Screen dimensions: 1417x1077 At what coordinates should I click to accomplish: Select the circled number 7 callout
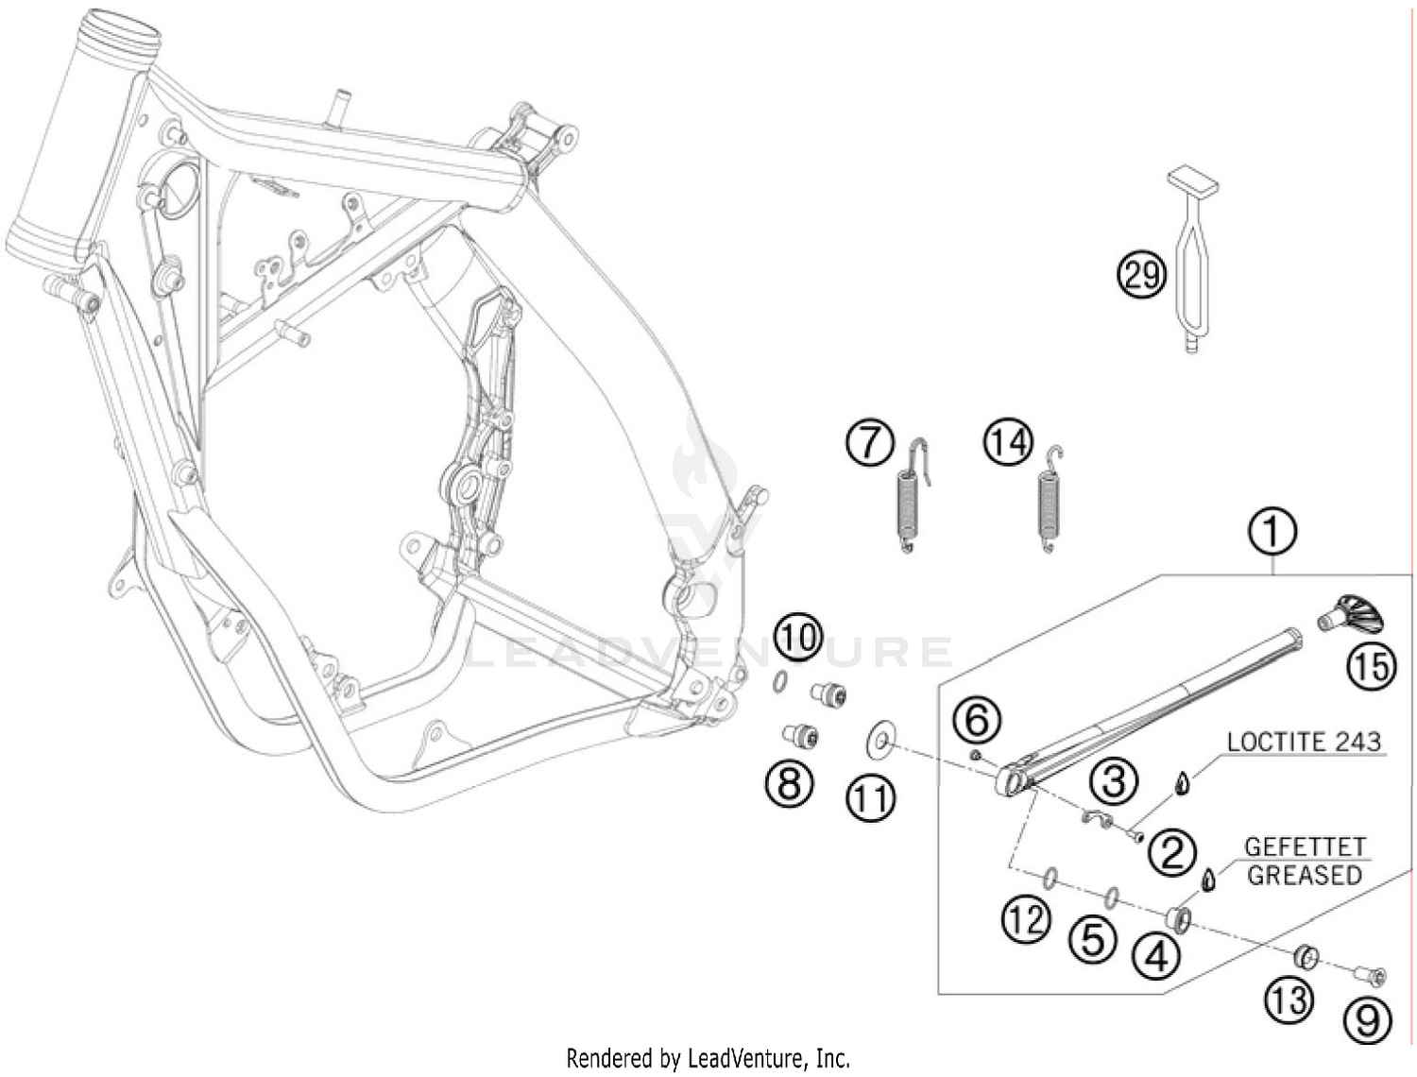tap(870, 444)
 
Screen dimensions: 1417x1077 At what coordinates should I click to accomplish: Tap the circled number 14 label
tap(1008, 443)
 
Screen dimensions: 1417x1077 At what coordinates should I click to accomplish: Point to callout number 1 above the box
tap(1272, 533)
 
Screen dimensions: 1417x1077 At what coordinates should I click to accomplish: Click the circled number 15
tap(1371, 666)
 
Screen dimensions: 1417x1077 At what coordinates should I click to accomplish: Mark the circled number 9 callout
tap(1367, 1020)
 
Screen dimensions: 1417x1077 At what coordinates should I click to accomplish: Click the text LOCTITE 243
tap(1304, 743)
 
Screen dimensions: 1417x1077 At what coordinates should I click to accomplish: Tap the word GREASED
tap(1304, 876)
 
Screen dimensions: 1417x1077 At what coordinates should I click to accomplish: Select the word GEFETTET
tap(1305, 846)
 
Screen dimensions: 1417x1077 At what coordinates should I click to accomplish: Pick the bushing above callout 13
tap(1306, 957)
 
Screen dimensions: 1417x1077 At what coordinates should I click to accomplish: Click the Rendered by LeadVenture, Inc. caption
tap(708, 1058)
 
